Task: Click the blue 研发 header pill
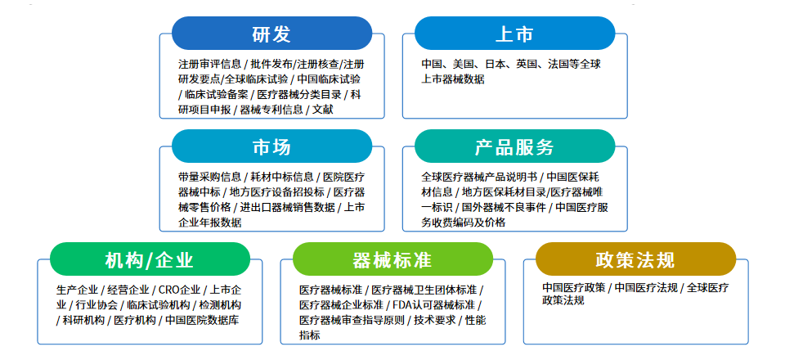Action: (x=271, y=34)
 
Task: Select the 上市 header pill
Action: (x=514, y=34)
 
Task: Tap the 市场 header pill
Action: (x=271, y=146)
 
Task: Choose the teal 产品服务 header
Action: (x=514, y=146)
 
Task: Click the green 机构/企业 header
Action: (x=150, y=259)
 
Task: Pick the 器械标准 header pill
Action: (x=393, y=259)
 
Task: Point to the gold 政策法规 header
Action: (x=636, y=259)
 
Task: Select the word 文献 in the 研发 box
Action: (x=323, y=110)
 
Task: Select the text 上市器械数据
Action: (x=453, y=79)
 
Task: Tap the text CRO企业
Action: (x=179, y=290)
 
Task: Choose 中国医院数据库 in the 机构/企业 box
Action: (x=202, y=320)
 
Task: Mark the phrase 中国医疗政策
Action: (x=574, y=288)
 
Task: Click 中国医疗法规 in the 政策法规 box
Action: (x=646, y=288)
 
